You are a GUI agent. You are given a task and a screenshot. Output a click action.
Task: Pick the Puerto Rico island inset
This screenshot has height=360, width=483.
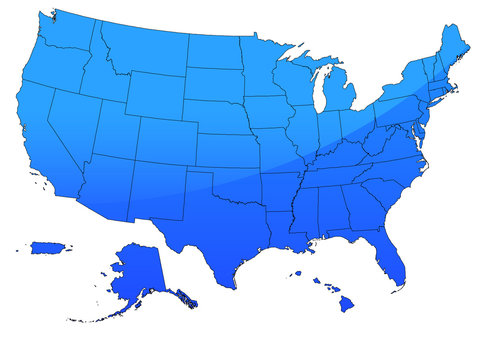(47, 247)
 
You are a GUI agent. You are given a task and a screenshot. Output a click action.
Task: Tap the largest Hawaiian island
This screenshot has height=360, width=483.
(346, 304)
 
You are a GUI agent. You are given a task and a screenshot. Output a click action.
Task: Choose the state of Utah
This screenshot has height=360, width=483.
(120, 130)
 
